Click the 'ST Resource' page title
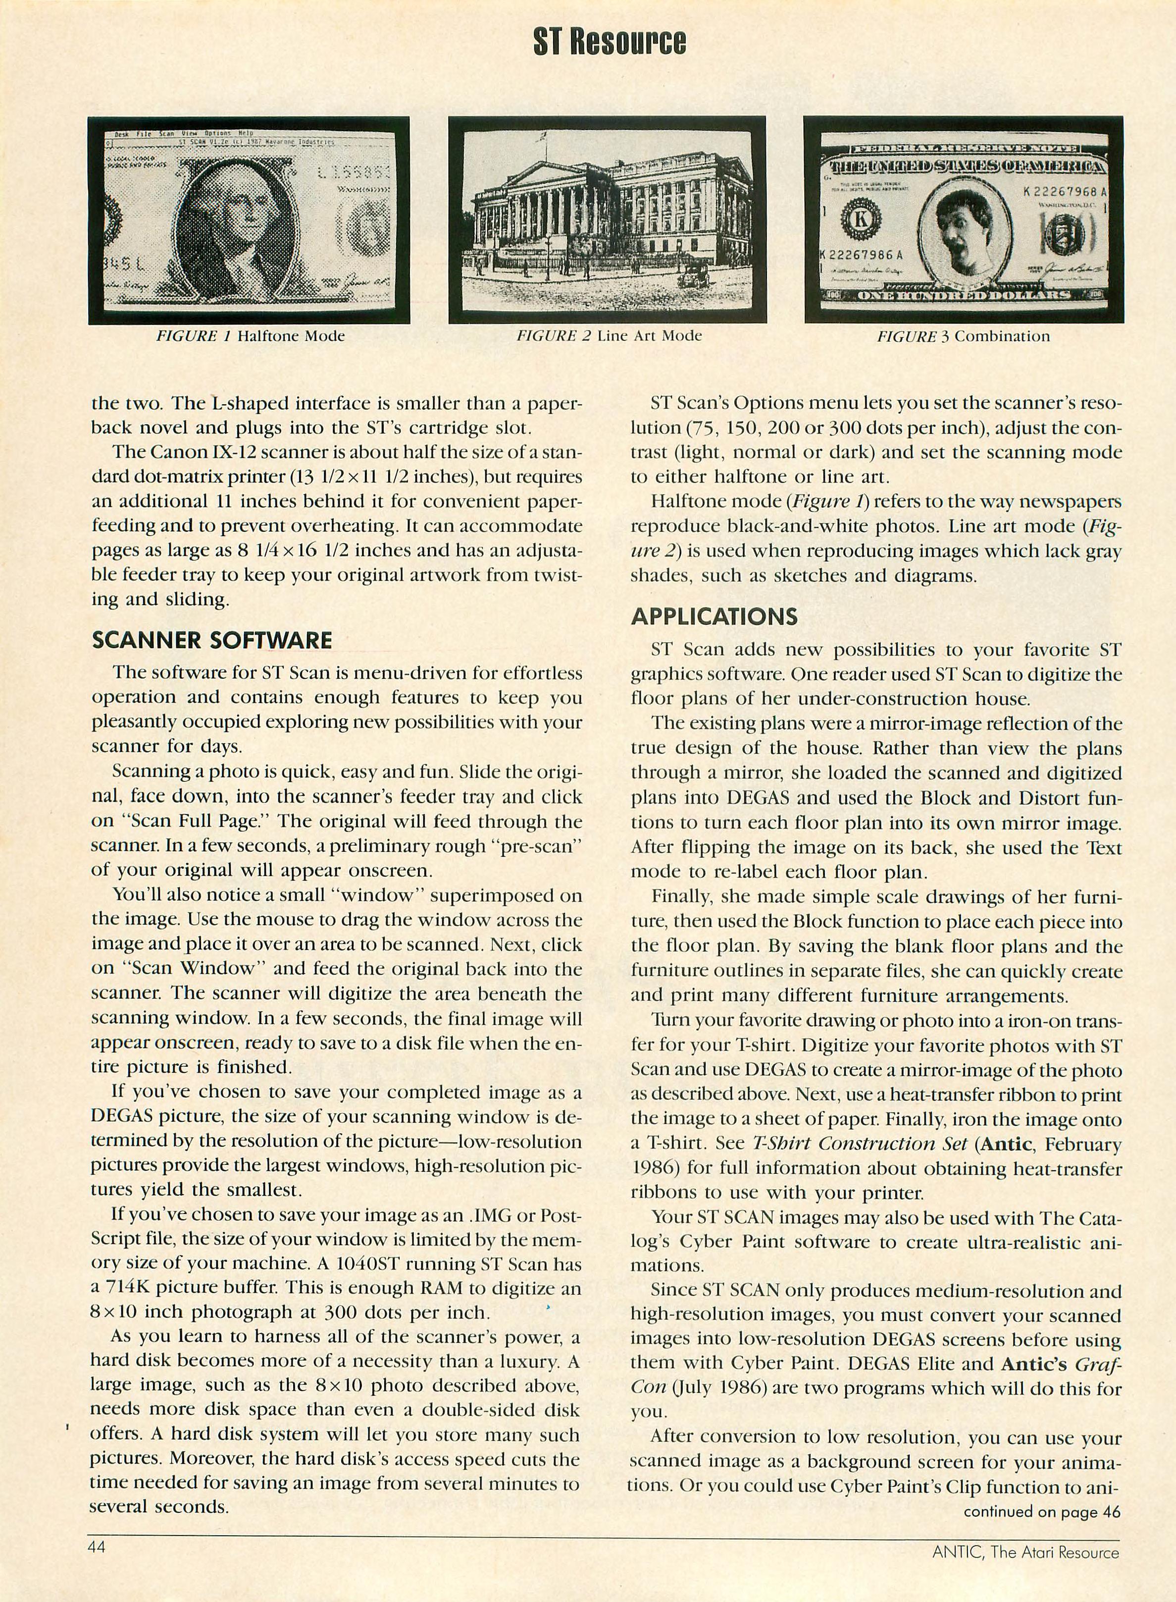[x=610, y=42]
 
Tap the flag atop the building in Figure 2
[x=543, y=134]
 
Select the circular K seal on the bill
[x=861, y=220]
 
